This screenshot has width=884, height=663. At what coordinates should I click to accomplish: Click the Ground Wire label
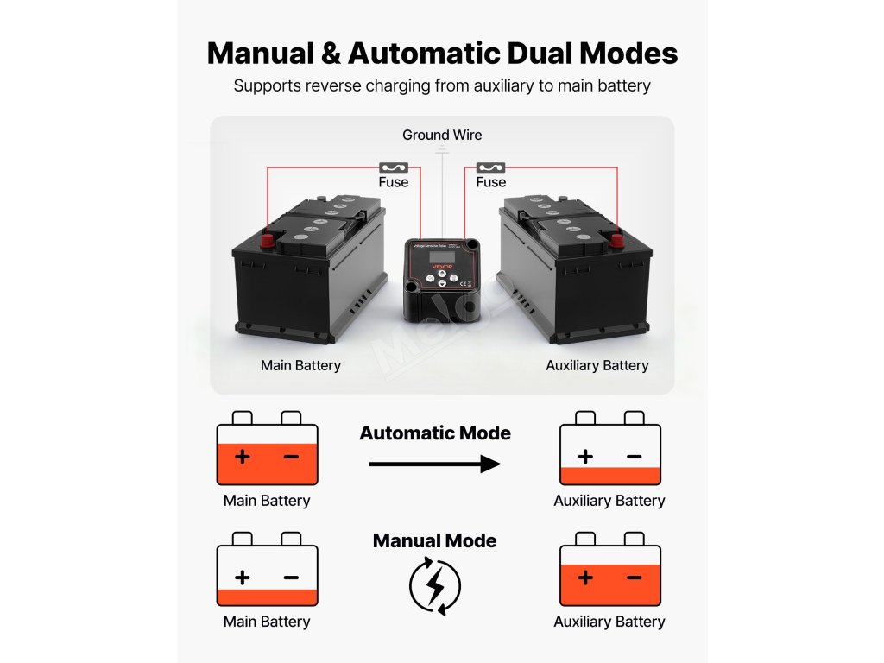(442, 135)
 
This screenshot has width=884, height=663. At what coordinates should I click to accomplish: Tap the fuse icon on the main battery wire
(393, 167)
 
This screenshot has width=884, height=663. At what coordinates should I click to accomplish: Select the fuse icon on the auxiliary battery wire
(490, 167)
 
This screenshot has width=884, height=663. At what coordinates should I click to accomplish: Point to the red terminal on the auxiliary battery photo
(616, 241)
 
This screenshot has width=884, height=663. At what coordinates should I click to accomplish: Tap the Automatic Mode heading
(435, 433)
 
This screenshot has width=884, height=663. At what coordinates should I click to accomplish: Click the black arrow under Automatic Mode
(435, 464)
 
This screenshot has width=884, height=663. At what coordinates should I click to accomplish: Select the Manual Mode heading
(435, 541)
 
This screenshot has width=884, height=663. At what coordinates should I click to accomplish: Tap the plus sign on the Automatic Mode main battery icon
(242, 456)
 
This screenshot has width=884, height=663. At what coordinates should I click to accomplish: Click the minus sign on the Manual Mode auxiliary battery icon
(634, 577)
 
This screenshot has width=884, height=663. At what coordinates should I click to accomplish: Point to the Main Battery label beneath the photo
(300, 365)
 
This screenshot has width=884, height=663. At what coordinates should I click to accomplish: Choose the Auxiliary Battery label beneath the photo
(597, 365)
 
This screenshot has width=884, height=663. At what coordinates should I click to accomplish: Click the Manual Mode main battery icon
(267, 570)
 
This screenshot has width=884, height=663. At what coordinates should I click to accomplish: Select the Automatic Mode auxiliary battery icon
(609, 450)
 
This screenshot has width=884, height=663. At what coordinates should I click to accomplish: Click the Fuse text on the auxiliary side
(490, 182)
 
